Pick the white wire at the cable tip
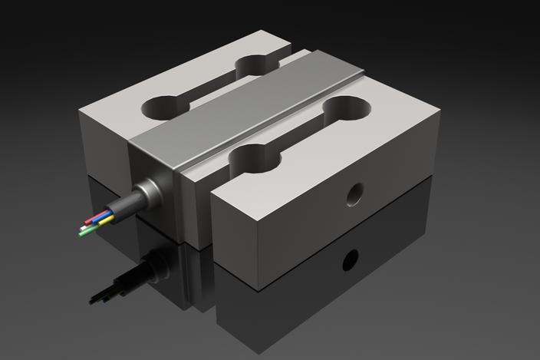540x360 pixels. pyautogui.click(x=84, y=228)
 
